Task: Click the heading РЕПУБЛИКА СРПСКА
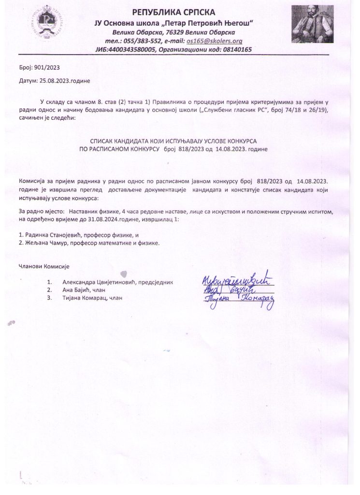coord(174,12)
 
